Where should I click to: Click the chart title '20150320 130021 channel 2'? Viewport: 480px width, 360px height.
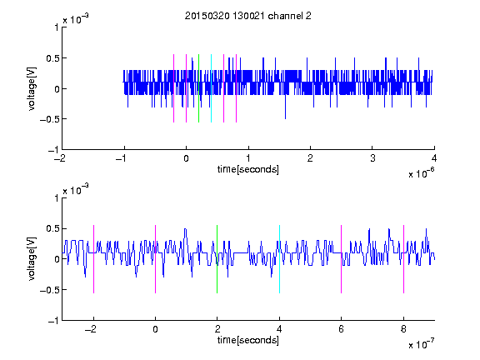click(248, 16)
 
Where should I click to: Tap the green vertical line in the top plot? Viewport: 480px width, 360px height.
click(198, 88)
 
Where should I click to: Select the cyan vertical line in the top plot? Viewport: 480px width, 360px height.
click(211, 88)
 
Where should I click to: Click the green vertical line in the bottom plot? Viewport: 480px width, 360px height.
click(217, 259)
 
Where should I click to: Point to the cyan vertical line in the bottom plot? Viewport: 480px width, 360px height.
click(279, 259)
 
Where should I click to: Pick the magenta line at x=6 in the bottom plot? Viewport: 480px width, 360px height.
click(342, 259)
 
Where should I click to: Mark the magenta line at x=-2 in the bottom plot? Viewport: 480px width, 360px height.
click(93, 259)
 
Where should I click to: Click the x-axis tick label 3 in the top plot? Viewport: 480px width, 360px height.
click(372, 158)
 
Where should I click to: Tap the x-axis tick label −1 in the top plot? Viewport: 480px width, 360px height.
click(122, 158)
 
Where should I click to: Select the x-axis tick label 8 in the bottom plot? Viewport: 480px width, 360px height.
click(403, 329)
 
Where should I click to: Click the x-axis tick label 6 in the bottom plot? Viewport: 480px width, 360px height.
click(342, 329)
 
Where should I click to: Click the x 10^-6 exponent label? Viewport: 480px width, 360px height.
click(421, 173)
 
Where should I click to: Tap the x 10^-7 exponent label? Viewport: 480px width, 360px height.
click(421, 344)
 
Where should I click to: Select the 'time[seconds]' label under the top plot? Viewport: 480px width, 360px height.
click(248, 169)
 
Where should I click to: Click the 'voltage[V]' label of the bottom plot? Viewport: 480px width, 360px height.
click(32, 259)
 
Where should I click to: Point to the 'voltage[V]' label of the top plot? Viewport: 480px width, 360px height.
click(32, 88)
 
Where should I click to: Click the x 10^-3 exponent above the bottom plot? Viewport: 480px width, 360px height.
click(76, 190)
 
